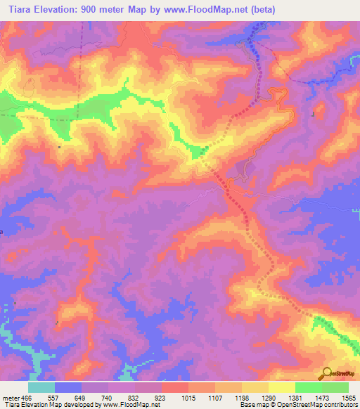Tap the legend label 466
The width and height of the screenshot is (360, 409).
point(27,397)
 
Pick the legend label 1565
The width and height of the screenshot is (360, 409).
point(349,397)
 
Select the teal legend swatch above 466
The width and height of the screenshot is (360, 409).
point(41,387)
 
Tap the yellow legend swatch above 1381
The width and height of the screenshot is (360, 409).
point(282,387)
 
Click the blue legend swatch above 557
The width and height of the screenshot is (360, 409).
point(68,387)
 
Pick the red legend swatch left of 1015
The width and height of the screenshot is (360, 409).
point(175,387)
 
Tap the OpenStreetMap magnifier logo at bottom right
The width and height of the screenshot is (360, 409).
point(327,372)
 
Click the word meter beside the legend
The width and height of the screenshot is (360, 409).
point(10,397)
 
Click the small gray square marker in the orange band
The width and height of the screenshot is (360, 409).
point(60,147)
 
